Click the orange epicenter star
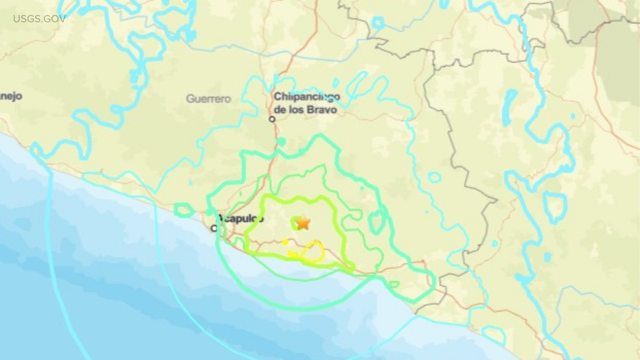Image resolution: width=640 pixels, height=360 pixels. (x=303, y=223)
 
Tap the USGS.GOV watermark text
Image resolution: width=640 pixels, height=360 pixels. (x=39, y=19)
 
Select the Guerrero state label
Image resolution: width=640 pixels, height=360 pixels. (x=208, y=99)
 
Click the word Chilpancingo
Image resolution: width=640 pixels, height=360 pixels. (x=307, y=97)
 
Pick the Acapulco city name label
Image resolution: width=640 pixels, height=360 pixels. (x=241, y=218)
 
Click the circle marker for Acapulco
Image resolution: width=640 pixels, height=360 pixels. (x=214, y=228)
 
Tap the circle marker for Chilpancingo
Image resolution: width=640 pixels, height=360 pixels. (x=272, y=119)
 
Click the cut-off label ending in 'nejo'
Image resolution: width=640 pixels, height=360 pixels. (x=11, y=96)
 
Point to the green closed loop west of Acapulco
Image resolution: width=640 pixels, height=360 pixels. (x=184, y=210)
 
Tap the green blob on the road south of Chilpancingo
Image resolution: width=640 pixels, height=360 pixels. (x=282, y=141)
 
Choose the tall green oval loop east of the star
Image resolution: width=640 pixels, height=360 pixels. (x=376, y=222)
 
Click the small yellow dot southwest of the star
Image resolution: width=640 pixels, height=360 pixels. (x=285, y=242)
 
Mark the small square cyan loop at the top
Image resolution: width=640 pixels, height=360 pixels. (x=378, y=23)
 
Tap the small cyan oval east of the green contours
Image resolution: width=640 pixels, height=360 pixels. (x=434, y=177)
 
